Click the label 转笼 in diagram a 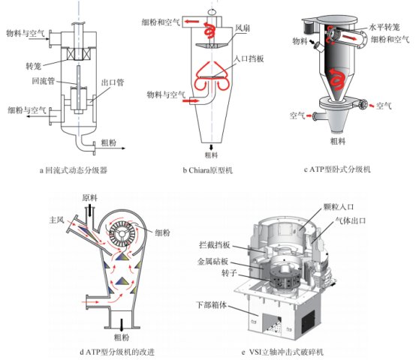click(x=34, y=66)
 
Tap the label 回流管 click(x=44, y=80)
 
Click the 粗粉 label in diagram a click(x=109, y=142)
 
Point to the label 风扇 click(x=243, y=28)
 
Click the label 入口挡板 click(x=249, y=58)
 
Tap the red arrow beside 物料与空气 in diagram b click(x=191, y=100)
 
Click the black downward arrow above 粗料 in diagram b click(x=212, y=147)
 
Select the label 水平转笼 click(x=384, y=27)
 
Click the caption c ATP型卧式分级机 click(x=337, y=169)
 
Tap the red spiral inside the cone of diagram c click(x=337, y=79)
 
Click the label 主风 click(x=57, y=220)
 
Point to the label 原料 click(x=89, y=198)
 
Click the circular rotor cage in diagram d click(x=122, y=234)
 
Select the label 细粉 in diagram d click(x=163, y=232)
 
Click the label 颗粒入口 click(x=338, y=207)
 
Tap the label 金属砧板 click(x=213, y=262)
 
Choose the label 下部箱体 click(x=212, y=305)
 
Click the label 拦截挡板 click(x=214, y=245)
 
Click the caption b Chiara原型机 click(x=208, y=169)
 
